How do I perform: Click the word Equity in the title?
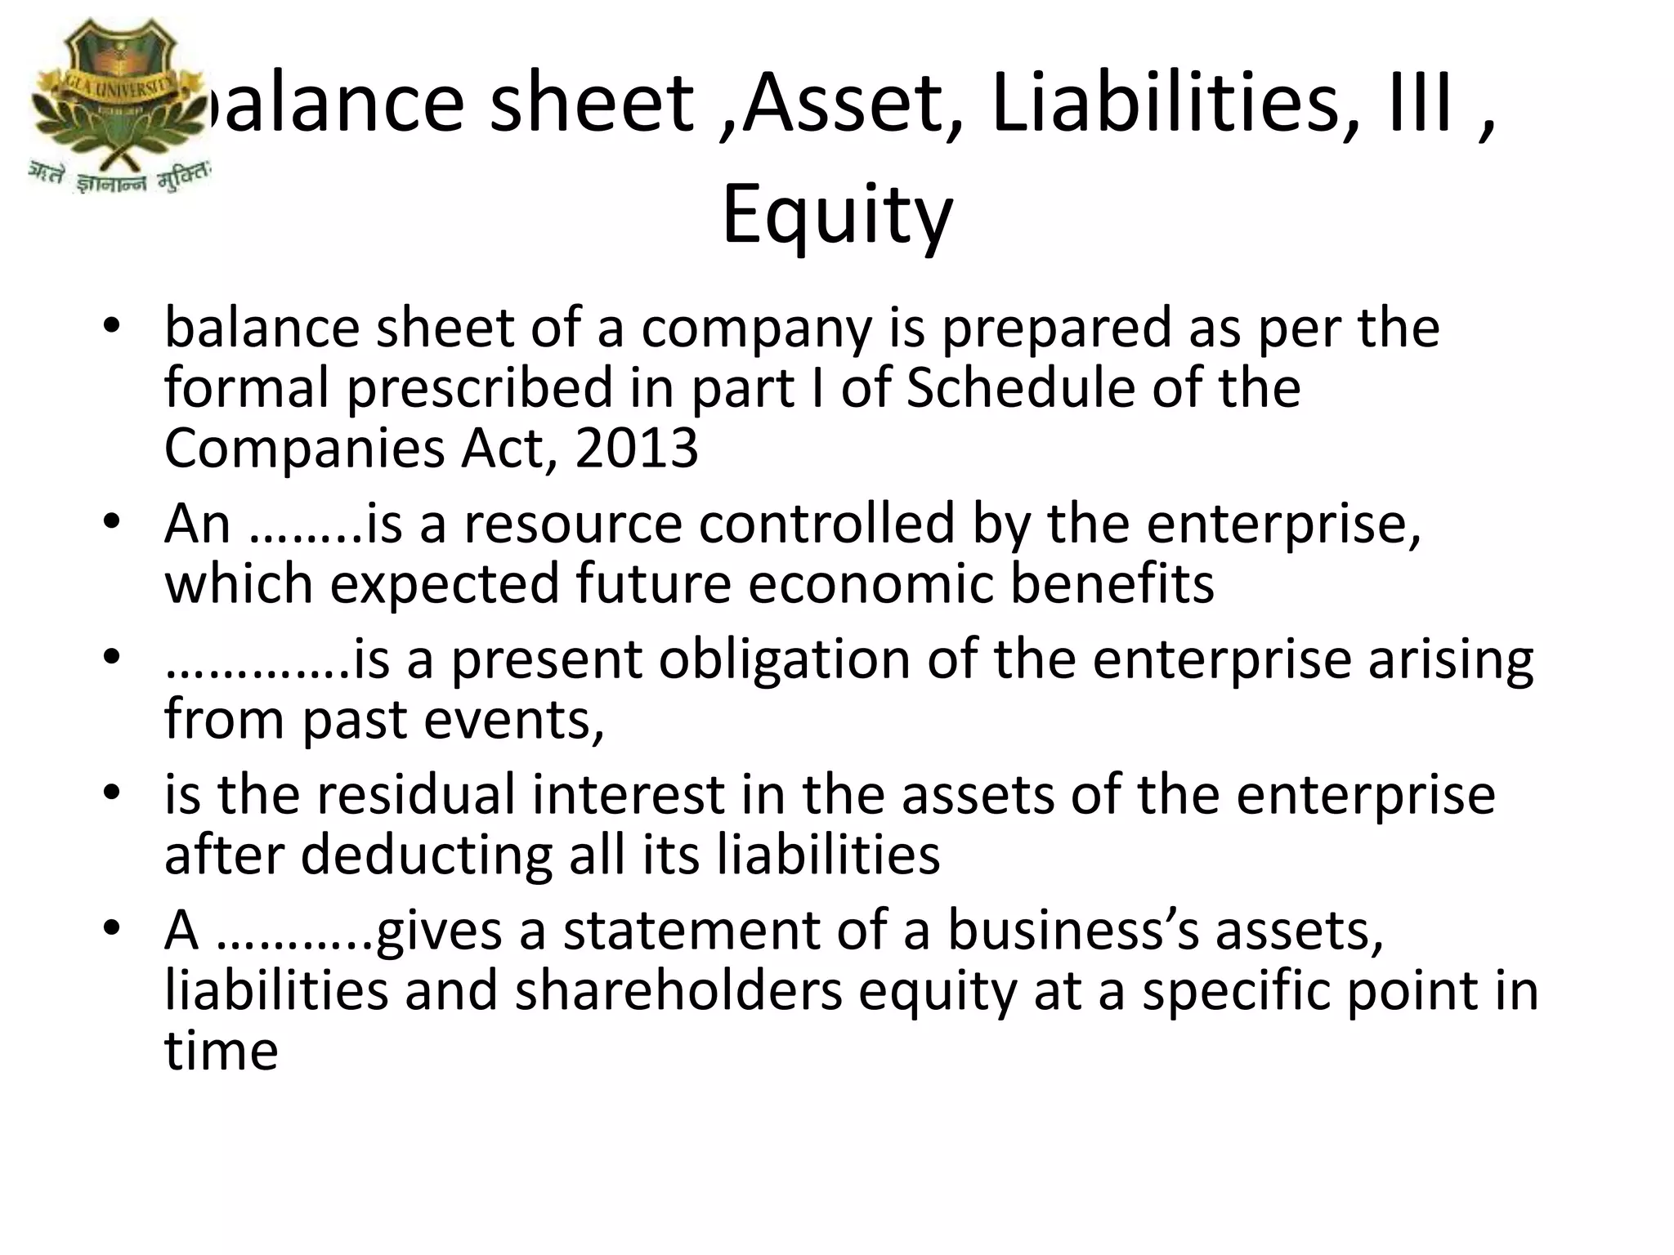point(837,214)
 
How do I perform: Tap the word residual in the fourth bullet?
point(417,794)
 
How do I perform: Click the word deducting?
point(424,855)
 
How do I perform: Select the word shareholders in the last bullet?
point(678,990)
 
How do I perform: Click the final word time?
point(221,1051)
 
